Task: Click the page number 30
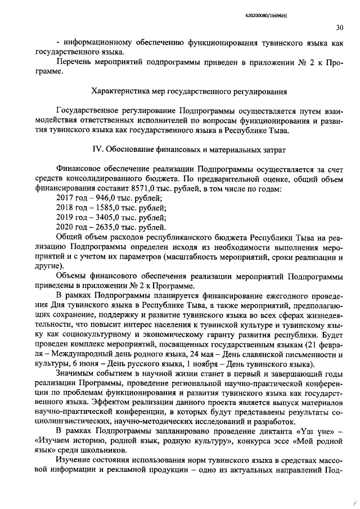pos(340,27)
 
